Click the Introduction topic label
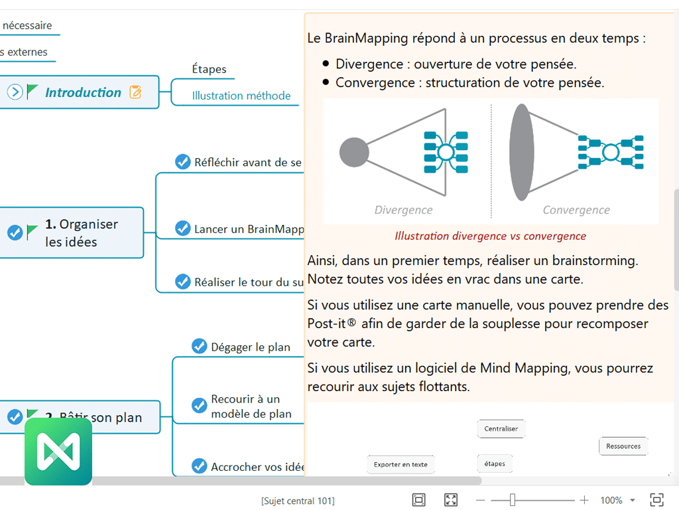click(83, 92)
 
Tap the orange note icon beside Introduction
click(135, 92)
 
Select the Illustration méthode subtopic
click(241, 96)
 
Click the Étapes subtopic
click(209, 69)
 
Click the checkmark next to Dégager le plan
click(199, 346)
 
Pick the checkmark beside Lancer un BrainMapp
click(182, 228)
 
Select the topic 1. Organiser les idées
click(81, 233)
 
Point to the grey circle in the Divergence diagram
click(354, 153)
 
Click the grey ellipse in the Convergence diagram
click(521, 152)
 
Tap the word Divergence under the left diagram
click(403, 210)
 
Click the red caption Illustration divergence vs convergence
click(490, 236)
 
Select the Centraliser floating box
click(501, 428)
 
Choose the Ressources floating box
click(623, 446)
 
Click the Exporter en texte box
click(401, 464)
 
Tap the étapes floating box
click(495, 464)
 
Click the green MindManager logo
click(58, 452)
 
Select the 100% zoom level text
click(611, 500)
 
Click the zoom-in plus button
click(584, 500)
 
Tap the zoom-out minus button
click(481, 500)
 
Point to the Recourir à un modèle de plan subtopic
click(251, 406)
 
